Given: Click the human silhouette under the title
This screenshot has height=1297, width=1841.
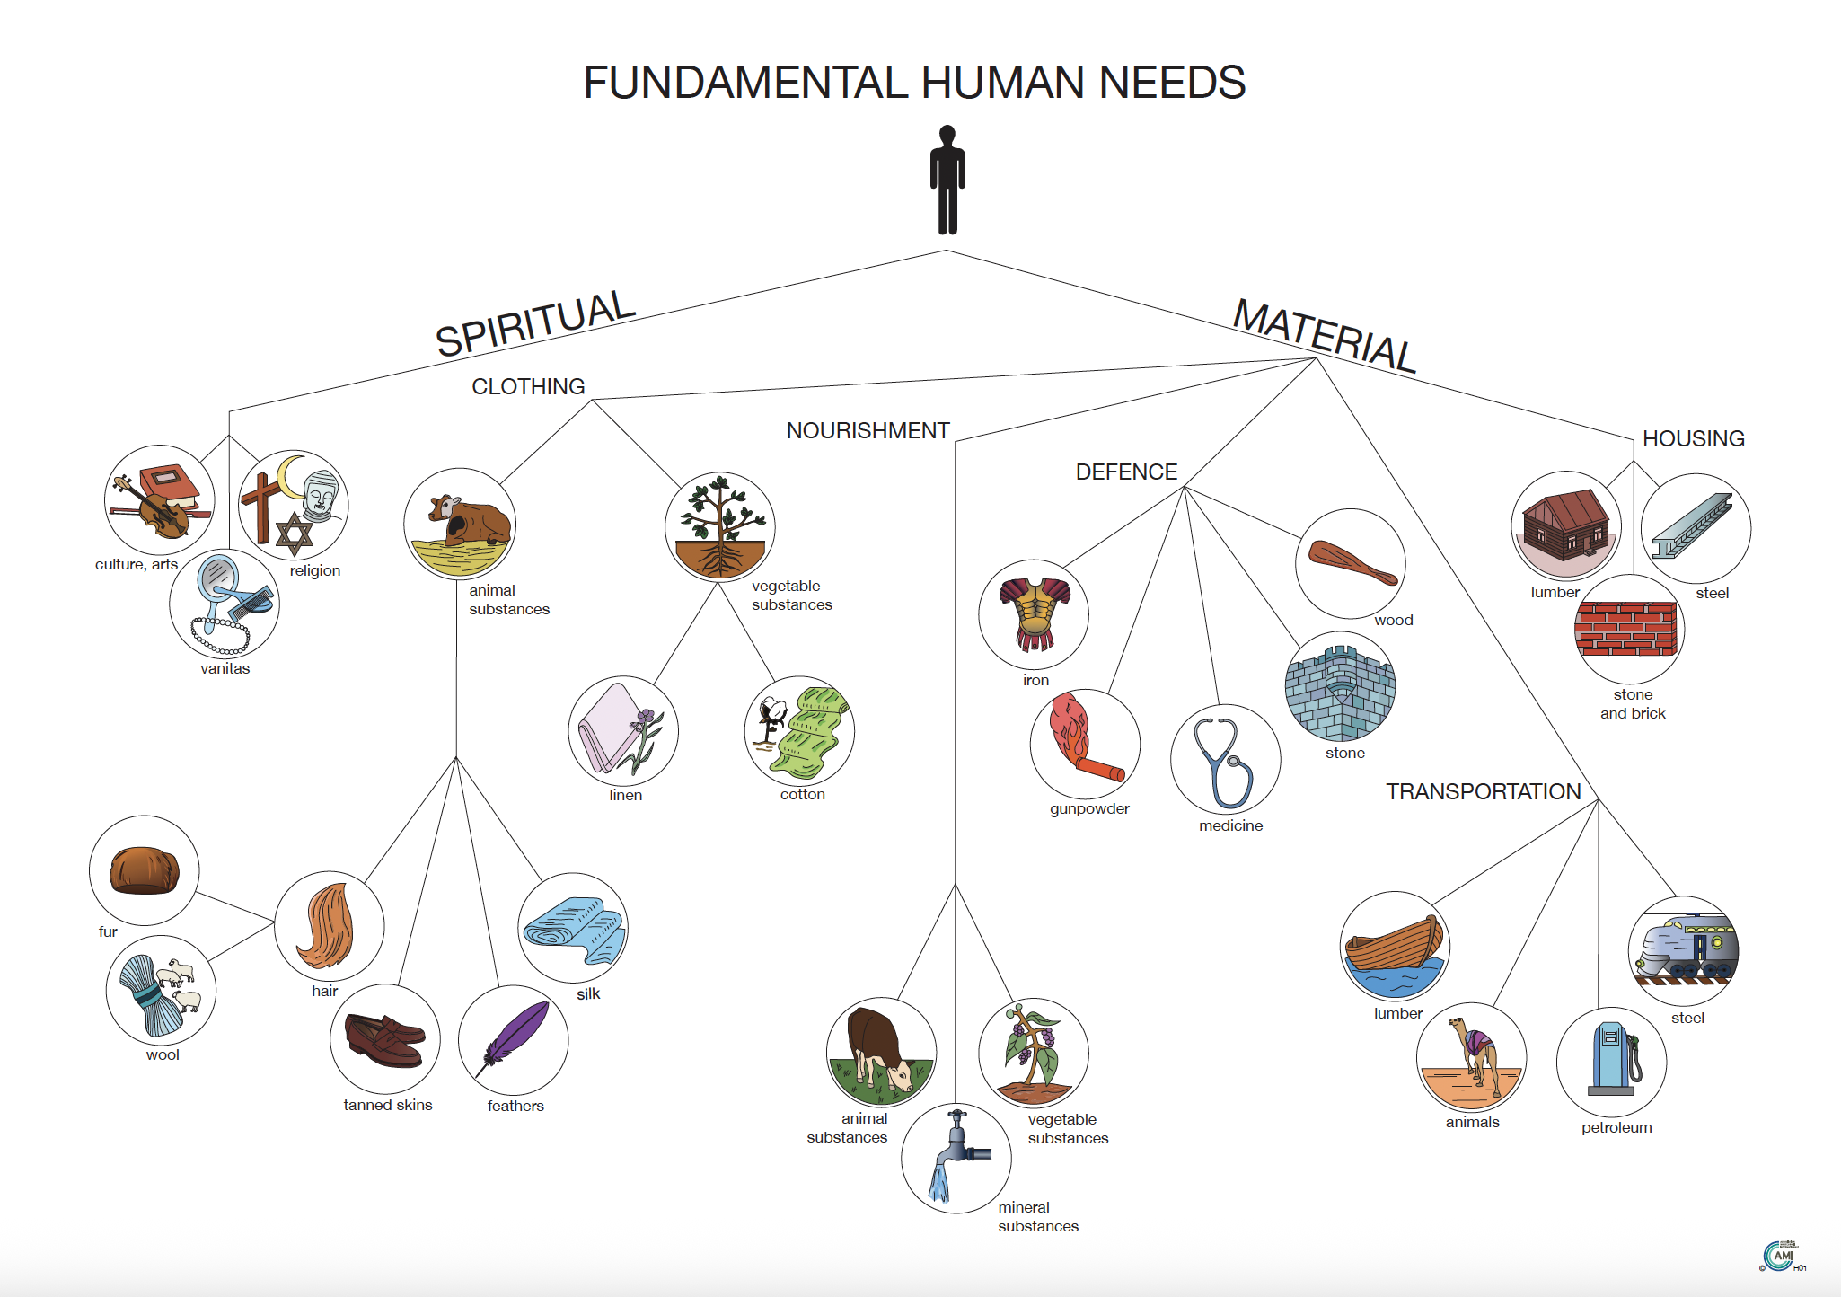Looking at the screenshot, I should click(x=947, y=180).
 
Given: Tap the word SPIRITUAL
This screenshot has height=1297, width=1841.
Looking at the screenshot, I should click(x=535, y=323).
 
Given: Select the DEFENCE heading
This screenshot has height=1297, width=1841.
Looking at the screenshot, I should click(x=1126, y=472).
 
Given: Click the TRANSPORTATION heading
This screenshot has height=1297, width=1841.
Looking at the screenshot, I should click(x=1483, y=791).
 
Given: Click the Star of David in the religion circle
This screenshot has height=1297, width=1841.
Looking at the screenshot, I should click(x=294, y=534).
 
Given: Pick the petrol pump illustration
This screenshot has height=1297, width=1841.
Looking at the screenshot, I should click(x=1613, y=1060).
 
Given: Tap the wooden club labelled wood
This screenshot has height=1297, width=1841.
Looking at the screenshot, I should click(x=1351, y=562).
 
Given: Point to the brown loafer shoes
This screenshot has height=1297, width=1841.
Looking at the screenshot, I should click(x=384, y=1040).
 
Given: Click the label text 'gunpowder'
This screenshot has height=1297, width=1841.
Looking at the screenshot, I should click(x=1089, y=808).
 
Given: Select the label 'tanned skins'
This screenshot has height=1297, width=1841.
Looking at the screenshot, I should click(x=388, y=1105).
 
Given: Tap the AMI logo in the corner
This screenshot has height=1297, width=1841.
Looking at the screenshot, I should click(x=1780, y=1255).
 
